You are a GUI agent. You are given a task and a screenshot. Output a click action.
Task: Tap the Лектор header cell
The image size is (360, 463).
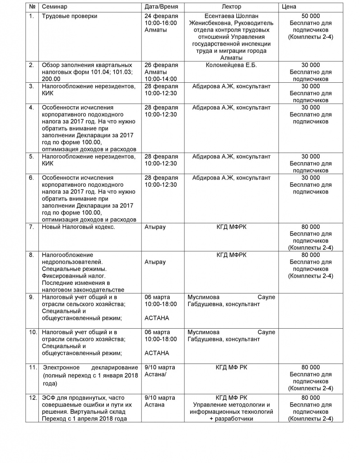click(x=232, y=7)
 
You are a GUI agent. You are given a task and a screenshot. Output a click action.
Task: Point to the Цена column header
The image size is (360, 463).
click(x=289, y=7)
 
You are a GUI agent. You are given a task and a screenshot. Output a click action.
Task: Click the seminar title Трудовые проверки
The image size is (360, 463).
click(x=70, y=16)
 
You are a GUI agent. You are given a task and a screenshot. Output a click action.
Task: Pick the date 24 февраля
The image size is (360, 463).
click(x=161, y=16)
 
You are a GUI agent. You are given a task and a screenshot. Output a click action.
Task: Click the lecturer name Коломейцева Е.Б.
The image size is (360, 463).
click(x=231, y=65)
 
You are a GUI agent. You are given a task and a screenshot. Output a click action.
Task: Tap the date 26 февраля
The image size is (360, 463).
click(x=161, y=65)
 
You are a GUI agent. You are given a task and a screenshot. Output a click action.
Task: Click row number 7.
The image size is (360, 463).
click(x=32, y=227)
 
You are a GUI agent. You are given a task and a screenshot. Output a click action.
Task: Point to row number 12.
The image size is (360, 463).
click(x=33, y=397)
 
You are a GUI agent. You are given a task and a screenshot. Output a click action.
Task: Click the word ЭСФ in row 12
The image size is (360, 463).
click(x=49, y=397)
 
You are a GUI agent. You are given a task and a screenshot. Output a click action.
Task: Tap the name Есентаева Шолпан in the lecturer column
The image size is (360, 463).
click(x=231, y=16)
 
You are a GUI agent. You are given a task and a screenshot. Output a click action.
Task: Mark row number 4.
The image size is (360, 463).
click(x=32, y=108)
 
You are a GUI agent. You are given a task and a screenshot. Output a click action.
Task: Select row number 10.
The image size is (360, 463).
click(x=33, y=332)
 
